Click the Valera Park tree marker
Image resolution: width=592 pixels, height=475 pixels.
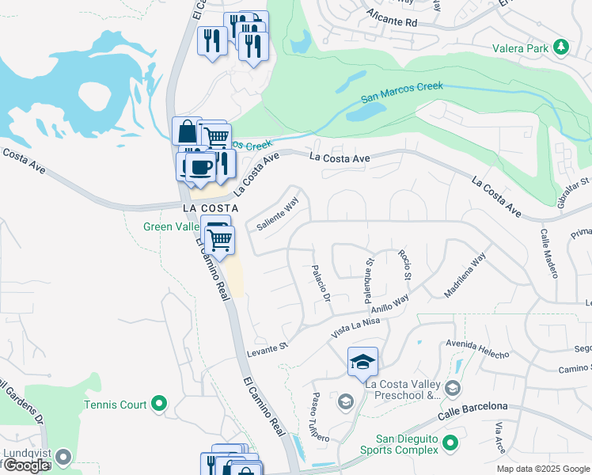pyautogui.click(x=561, y=47)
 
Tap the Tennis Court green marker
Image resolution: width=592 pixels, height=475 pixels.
pyautogui.click(x=159, y=405)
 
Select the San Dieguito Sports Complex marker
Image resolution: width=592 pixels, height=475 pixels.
pyautogui.click(x=450, y=442)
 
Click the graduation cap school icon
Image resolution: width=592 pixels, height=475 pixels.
pyautogui.click(x=362, y=362)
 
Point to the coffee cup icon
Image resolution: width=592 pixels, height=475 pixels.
pyautogui.click(x=200, y=167)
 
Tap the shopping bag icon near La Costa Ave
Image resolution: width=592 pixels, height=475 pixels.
pyautogui.click(x=187, y=130)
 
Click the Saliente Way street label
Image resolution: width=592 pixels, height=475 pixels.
pyautogui.click(x=277, y=214)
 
